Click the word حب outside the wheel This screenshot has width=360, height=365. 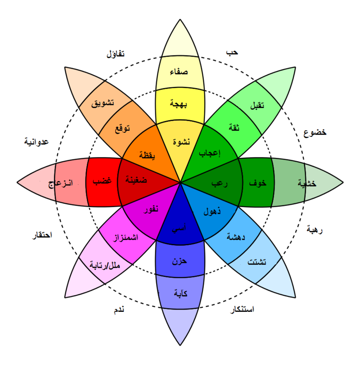click(x=232, y=52)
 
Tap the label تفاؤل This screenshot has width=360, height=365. click(x=116, y=54)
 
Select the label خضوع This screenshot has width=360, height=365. click(x=315, y=132)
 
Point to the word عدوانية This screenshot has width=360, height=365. click(x=36, y=141)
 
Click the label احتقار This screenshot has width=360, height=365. click(x=42, y=235)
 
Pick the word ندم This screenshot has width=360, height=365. click(x=119, y=310)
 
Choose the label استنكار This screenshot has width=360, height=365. click(x=242, y=310)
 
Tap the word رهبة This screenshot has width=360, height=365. click(x=315, y=230)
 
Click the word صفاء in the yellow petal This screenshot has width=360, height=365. click(x=179, y=72)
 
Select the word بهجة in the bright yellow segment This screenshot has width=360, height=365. click(x=179, y=104)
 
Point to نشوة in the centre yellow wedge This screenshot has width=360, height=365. click(x=181, y=142)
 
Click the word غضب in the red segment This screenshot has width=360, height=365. click(x=102, y=180)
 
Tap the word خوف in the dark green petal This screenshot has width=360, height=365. click(x=258, y=183)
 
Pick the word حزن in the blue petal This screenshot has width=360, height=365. click(x=180, y=261)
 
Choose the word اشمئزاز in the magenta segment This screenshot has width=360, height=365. click(x=126, y=238)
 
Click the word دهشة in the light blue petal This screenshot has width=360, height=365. click(x=236, y=237)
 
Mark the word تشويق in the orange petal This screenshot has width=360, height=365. click(x=103, y=103)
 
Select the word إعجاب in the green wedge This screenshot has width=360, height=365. click(x=209, y=153)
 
